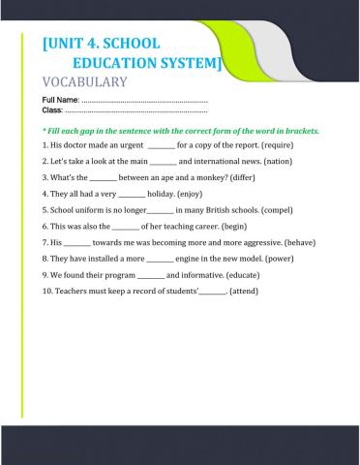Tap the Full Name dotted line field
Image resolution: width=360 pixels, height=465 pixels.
(x=145, y=102)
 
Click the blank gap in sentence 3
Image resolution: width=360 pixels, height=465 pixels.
(x=103, y=177)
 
